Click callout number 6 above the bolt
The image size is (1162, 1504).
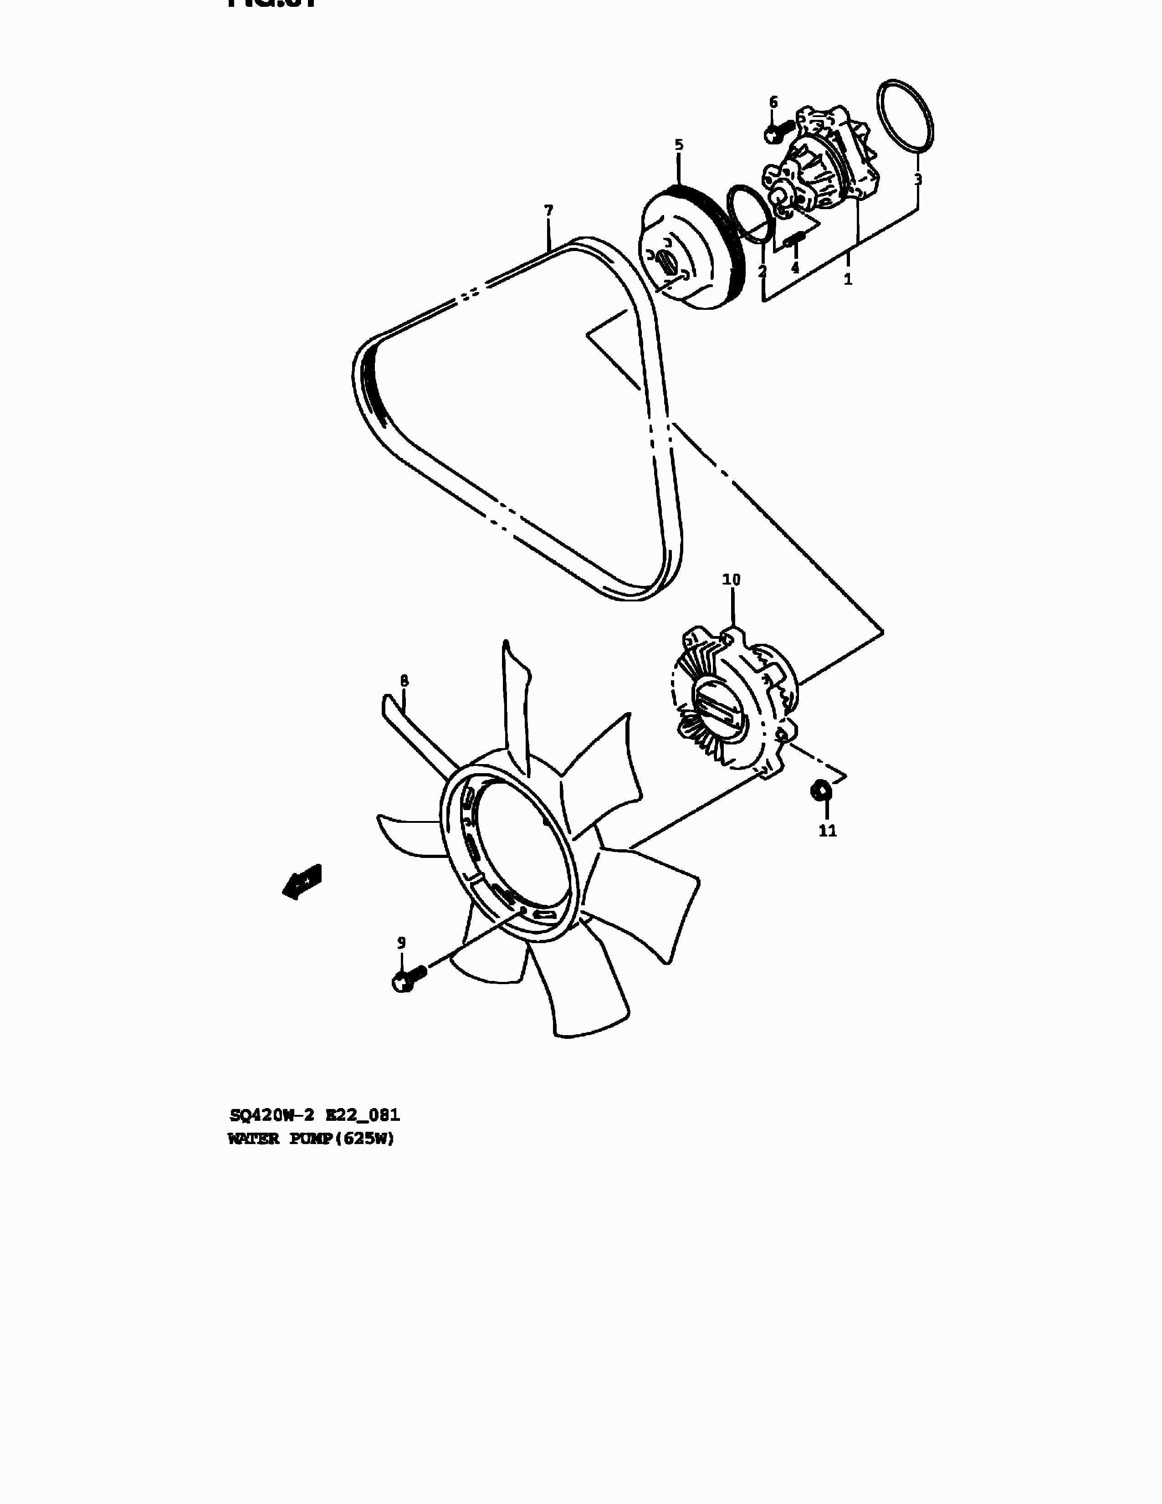tap(773, 103)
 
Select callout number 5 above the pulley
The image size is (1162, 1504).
tap(679, 145)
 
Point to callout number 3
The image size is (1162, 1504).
tap(918, 180)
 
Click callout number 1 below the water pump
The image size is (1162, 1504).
tap(848, 280)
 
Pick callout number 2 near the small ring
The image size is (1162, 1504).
tap(762, 272)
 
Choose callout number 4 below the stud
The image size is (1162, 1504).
tap(795, 268)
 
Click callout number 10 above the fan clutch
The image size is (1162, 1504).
tap(731, 580)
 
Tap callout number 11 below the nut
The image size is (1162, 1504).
tap(828, 831)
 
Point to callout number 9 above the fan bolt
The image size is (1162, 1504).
tap(401, 943)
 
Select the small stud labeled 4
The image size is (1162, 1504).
tap(795, 240)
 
